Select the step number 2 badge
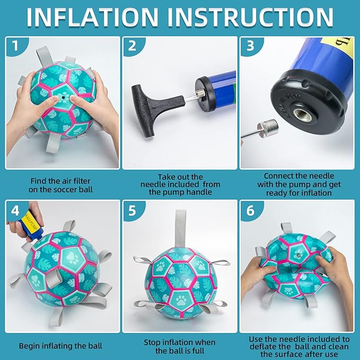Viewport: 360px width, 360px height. pyautogui.click(x=133, y=46)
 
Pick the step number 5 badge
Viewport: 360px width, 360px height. pyautogui.click(x=133, y=210)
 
